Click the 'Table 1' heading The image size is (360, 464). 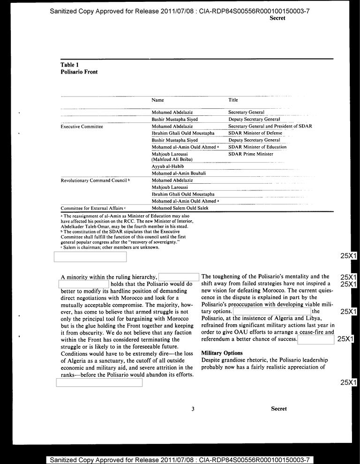click(x=69, y=65)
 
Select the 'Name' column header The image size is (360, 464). click(x=157, y=100)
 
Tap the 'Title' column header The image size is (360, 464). click(x=233, y=100)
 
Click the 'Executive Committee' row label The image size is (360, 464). click(x=82, y=127)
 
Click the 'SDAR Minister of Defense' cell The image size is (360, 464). click(x=255, y=133)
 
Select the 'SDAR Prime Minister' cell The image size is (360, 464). click(x=250, y=154)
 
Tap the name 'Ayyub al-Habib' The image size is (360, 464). click(x=167, y=166)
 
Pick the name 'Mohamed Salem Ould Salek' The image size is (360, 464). click(x=180, y=208)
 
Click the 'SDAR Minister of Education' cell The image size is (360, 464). click(x=257, y=147)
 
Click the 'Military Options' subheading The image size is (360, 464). click(x=222, y=352)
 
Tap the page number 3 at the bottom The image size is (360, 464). click(x=193, y=409)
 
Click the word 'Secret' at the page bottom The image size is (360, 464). click(x=278, y=409)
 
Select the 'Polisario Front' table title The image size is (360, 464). click(x=79, y=72)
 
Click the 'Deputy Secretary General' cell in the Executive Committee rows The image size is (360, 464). click(x=254, y=140)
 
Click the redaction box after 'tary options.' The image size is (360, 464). click(x=271, y=311)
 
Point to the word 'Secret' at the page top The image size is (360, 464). click(x=277, y=18)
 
